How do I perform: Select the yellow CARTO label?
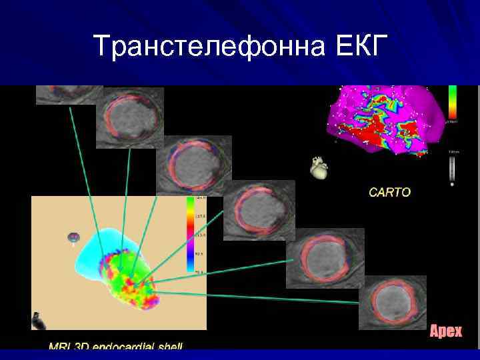pyautogui.click(x=390, y=192)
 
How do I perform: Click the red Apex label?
pyautogui.click(x=445, y=331)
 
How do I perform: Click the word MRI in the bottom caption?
pyautogui.click(x=61, y=347)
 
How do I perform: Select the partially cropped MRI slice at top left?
pyautogui.click(x=60, y=95)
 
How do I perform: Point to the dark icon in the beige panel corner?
pyautogui.click(x=39, y=321)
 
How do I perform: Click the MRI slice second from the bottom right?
pyautogui.click(x=325, y=257)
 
